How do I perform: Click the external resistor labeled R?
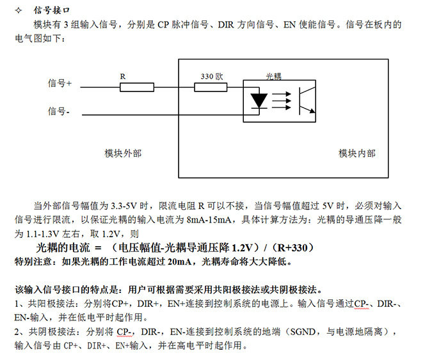pyautogui.click(x=137, y=87)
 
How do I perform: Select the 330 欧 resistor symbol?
pyautogui.click(x=211, y=87)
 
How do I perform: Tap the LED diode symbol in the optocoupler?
pyautogui.click(x=259, y=101)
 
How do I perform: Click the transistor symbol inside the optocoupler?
pyautogui.click(x=307, y=101)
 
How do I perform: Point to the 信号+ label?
pyautogui.click(x=60, y=83)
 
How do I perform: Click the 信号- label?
pyautogui.click(x=59, y=111)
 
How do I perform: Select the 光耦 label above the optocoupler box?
pyautogui.click(x=274, y=76)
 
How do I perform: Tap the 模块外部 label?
pyautogui.click(x=123, y=153)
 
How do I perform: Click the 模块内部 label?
pyautogui.click(x=357, y=153)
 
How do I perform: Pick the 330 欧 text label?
pyautogui.click(x=212, y=76)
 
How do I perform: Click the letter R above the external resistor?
pyautogui.click(x=123, y=77)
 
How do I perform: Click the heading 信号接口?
pyautogui.click(x=51, y=10)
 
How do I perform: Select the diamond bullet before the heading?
pyautogui.click(x=19, y=11)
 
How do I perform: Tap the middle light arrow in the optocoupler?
pyautogui.click(x=282, y=101)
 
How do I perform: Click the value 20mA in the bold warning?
pyautogui.click(x=179, y=262)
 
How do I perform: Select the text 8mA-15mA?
pyautogui.click(x=209, y=219)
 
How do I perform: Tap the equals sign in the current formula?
pyautogui.click(x=98, y=248)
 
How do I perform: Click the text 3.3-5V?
pyautogui.click(x=124, y=205)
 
